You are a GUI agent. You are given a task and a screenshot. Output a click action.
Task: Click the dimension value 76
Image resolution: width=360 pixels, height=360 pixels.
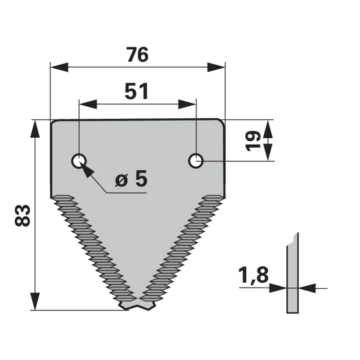pyautogui.click(x=138, y=54)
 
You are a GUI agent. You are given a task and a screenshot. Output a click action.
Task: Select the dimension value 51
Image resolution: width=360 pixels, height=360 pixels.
pyautogui.click(x=137, y=91)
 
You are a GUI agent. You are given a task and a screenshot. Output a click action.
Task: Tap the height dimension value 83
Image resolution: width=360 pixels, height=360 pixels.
pyautogui.click(x=22, y=216)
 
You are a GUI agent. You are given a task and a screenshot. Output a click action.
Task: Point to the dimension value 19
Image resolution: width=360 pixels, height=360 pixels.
pyautogui.click(x=253, y=141)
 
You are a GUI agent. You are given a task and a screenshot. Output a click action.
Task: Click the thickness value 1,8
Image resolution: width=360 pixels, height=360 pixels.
pyautogui.click(x=253, y=275)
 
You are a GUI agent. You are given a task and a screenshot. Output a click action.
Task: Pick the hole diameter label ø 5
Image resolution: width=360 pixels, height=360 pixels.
pyautogui.click(x=131, y=178)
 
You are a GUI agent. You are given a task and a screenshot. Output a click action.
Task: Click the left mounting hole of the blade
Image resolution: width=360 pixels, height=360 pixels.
pyautogui.click(x=79, y=161)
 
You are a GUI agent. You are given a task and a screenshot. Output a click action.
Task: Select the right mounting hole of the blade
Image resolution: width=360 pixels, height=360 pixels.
pyautogui.click(x=196, y=161)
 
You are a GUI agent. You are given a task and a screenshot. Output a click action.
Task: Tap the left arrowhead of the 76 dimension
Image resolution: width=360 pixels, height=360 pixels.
pyautogui.click(x=59, y=67)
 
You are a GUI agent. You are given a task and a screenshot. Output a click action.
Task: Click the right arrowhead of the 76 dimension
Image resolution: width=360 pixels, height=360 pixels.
pyautogui.click(x=216, y=67)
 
